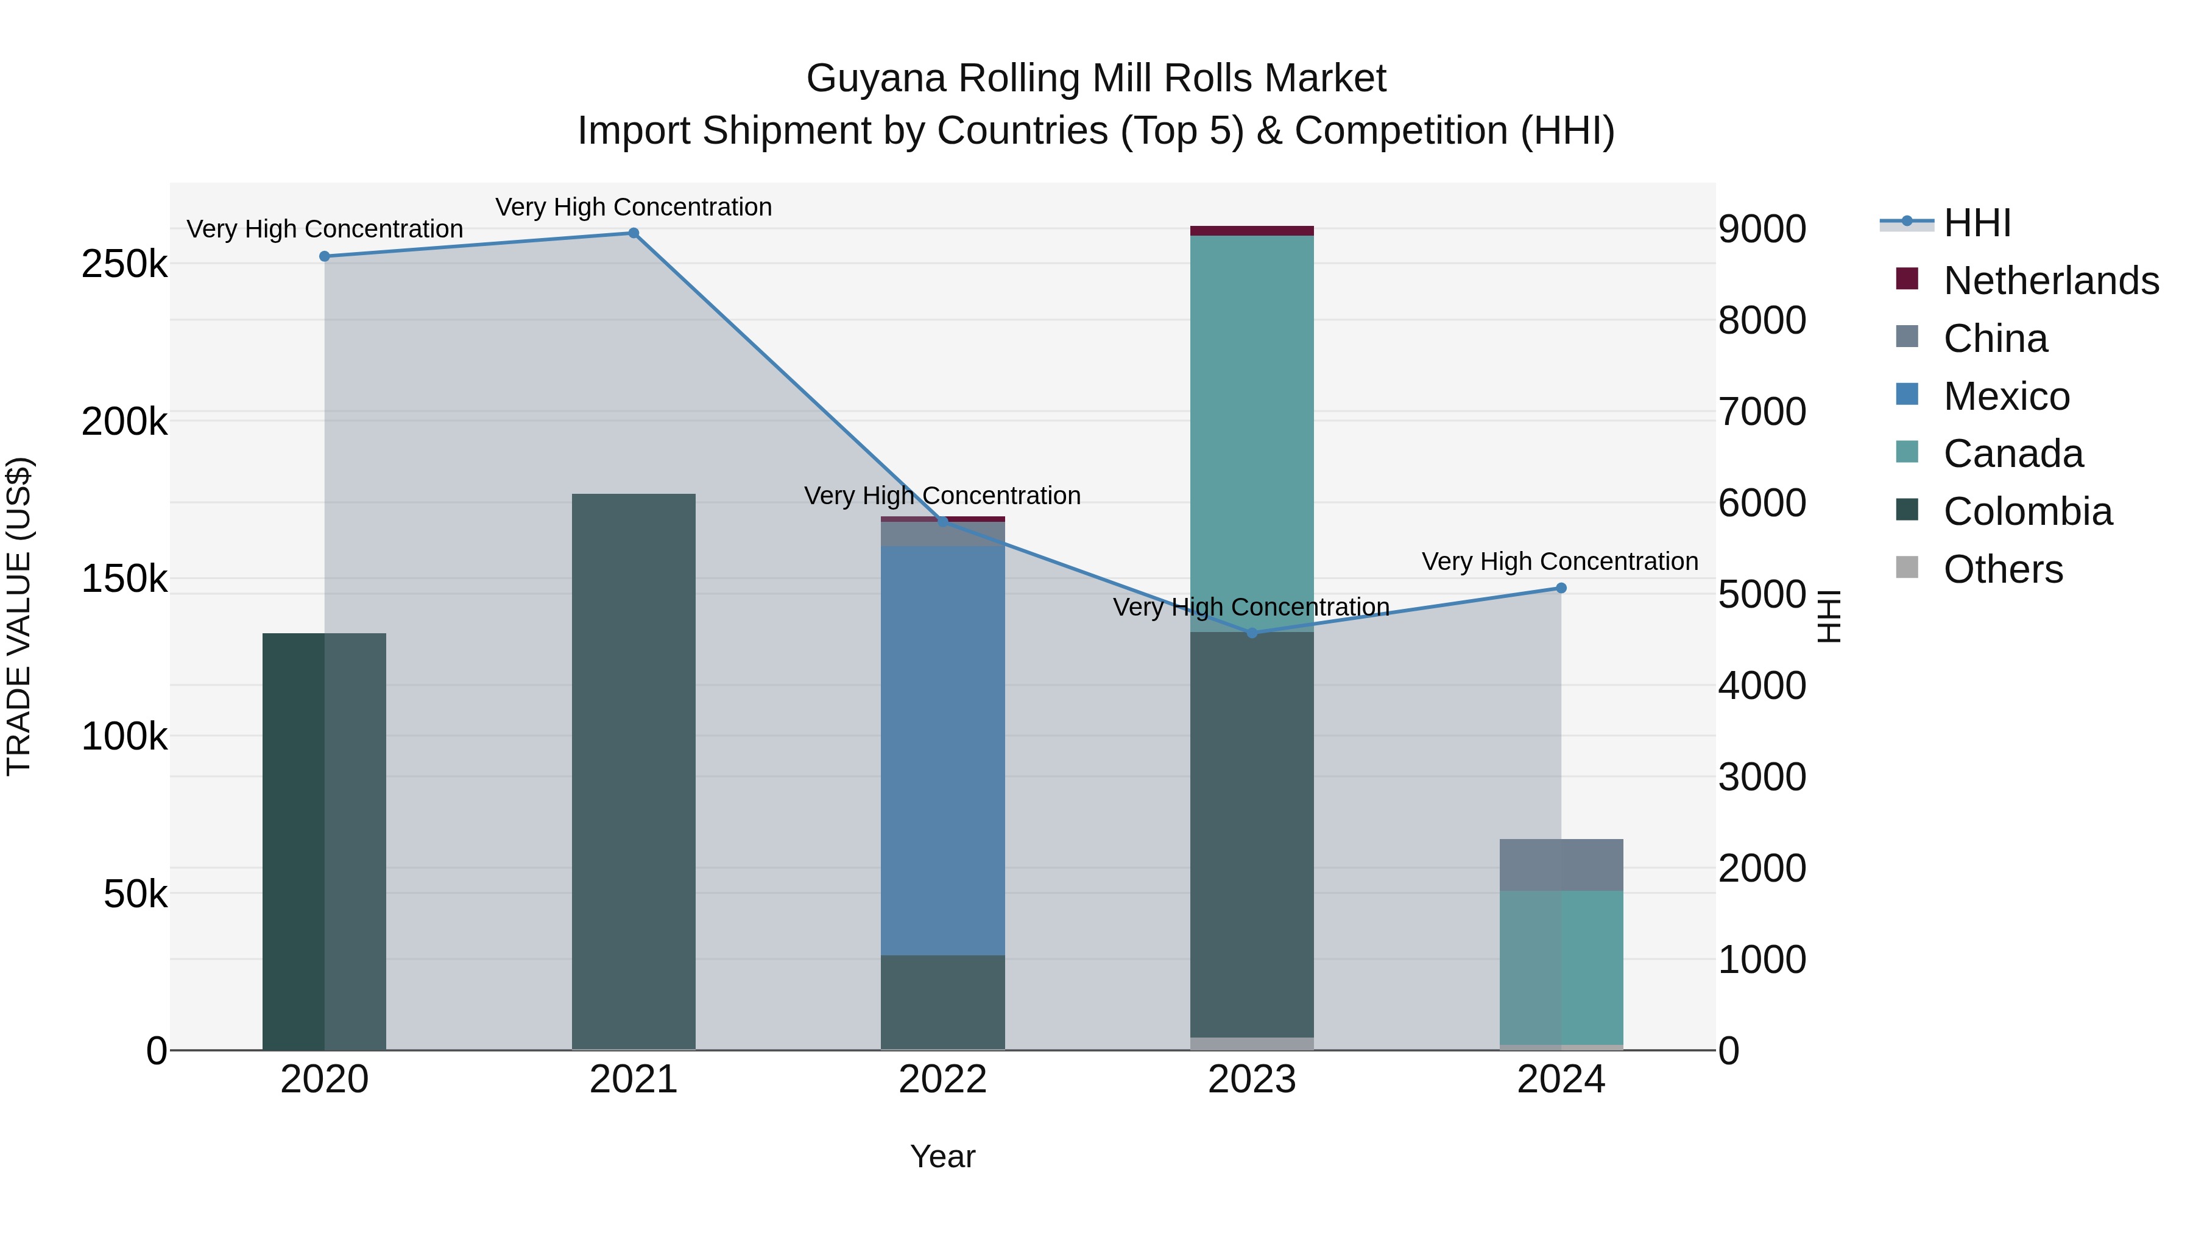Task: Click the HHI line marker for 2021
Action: (x=634, y=233)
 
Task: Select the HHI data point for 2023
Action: (x=1251, y=633)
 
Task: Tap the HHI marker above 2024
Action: (x=1561, y=588)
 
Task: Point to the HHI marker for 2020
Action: (x=324, y=256)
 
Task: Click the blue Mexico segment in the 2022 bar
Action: (x=942, y=749)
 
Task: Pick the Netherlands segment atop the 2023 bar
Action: (x=1251, y=231)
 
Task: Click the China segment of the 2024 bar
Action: (x=1561, y=865)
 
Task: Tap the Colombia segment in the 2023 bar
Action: (x=1251, y=834)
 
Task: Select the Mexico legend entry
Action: (x=2007, y=396)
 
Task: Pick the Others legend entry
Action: (x=2003, y=569)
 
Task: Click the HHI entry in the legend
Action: (x=1977, y=223)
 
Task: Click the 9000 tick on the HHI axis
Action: (x=1761, y=230)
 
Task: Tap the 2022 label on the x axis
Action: (x=942, y=1080)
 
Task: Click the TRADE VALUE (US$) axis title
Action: (x=19, y=616)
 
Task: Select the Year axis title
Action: (x=942, y=1156)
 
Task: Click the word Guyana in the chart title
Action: (x=876, y=79)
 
